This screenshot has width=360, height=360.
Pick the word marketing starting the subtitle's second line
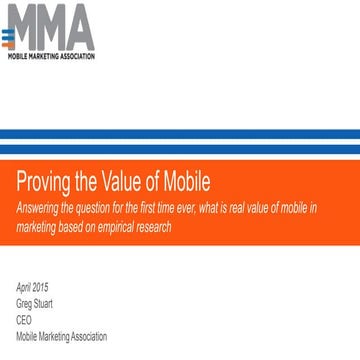point(37,226)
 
